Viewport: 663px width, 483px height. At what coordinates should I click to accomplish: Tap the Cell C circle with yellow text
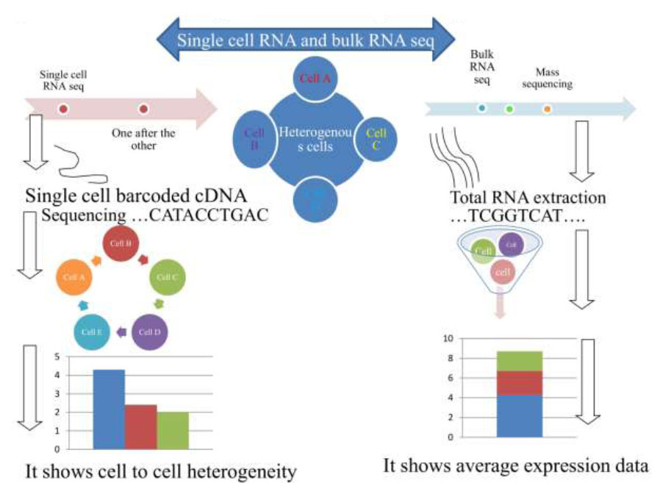click(x=376, y=138)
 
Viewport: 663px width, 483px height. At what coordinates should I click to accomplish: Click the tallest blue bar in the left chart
click(x=108, y=409)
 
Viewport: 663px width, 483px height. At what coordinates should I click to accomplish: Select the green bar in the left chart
click(x=173, y=430)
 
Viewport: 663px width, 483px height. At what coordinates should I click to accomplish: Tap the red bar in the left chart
click(x=140, y=426)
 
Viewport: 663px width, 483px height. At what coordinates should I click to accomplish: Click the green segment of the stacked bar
click(x=520, y=361)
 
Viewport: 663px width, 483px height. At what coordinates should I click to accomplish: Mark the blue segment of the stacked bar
click(x=520, y=416)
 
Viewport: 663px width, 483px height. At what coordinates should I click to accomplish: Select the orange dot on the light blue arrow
click(x=547, y=110)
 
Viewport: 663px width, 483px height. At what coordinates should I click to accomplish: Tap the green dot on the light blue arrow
click(x=509, y=110)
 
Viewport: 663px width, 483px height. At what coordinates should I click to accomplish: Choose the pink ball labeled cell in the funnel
click(x=502, y=273)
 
